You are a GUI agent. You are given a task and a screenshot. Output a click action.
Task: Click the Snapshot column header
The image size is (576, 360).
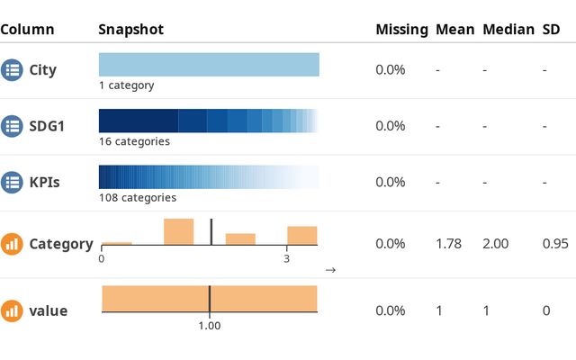130,30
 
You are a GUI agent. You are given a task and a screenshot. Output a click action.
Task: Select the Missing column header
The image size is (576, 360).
401,30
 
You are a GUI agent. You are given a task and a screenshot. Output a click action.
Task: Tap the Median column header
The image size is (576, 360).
508,30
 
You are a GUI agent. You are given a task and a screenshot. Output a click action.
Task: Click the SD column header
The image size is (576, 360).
551,30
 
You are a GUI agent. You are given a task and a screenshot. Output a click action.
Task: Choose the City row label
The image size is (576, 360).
42,69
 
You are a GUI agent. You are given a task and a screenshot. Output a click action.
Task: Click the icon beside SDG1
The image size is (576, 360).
12,126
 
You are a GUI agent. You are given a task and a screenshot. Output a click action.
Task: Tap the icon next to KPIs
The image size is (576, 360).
12,182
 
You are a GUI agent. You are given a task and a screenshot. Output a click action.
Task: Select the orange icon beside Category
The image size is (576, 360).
12,243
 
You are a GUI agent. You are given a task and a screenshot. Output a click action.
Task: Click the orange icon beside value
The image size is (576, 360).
12,310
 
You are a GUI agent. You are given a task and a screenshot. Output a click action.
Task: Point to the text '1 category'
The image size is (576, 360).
127,85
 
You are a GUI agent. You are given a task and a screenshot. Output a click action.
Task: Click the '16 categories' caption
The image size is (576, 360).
134,141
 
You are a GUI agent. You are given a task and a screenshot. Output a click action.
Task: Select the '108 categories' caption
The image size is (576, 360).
138,198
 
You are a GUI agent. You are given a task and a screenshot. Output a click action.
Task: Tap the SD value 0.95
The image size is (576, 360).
554,243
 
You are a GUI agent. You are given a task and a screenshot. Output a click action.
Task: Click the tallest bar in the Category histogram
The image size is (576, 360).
178,231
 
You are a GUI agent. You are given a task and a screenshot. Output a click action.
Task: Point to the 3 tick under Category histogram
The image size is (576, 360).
286,259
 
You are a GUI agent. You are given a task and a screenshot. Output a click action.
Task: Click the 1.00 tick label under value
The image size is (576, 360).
209,326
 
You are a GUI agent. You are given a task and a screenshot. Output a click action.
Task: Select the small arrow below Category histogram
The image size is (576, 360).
330,269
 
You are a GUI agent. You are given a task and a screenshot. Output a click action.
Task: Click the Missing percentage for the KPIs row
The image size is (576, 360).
391,182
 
